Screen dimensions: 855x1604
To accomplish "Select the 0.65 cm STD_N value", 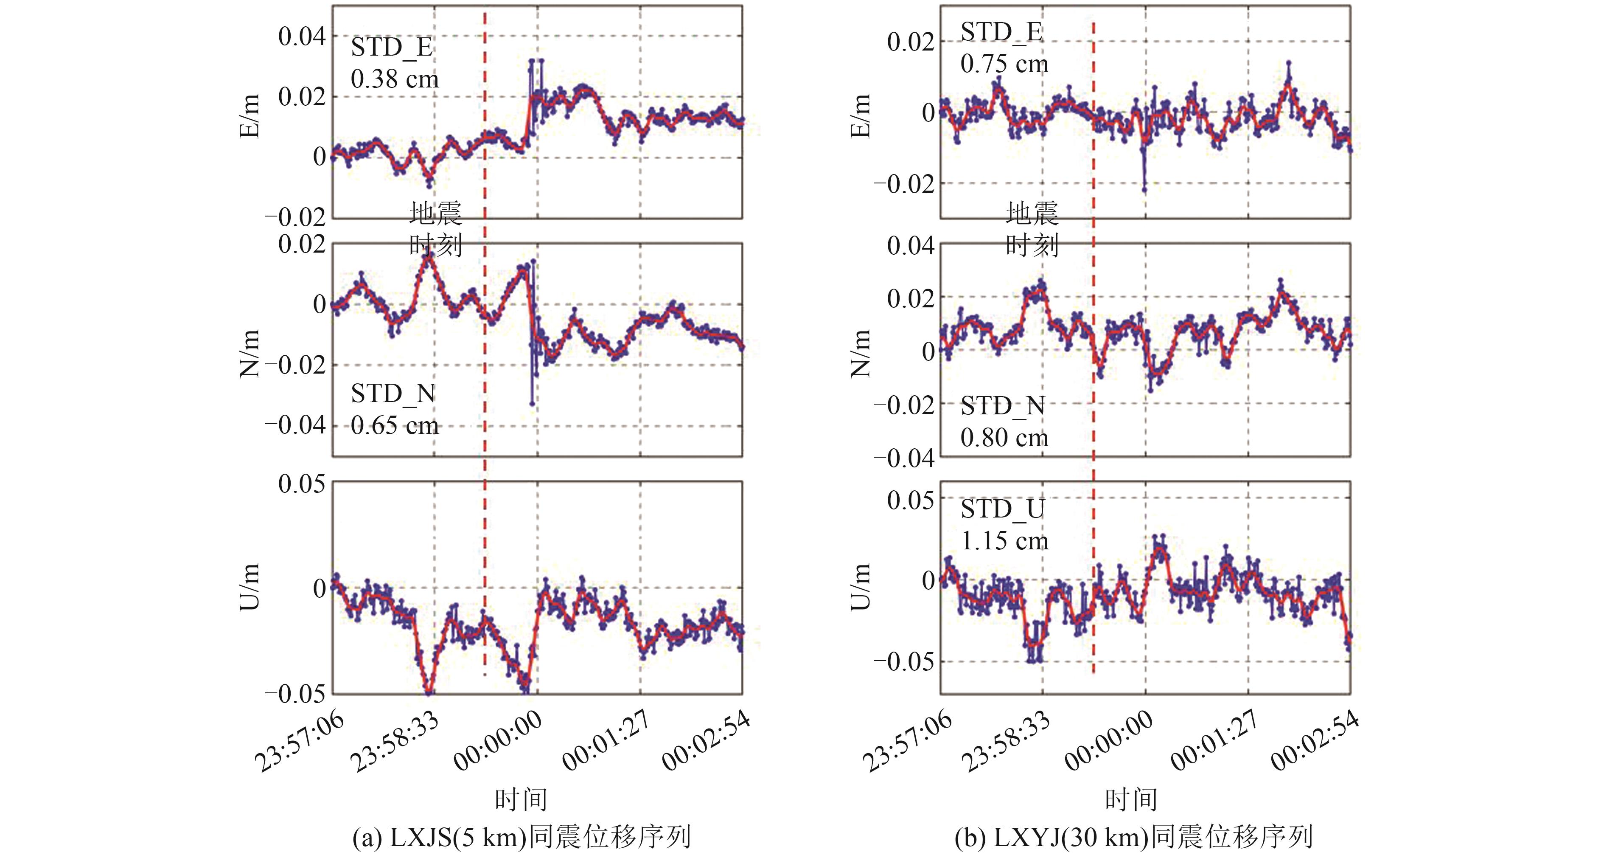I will click(394, 426).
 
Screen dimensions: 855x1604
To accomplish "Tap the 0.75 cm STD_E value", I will click(1004, 64).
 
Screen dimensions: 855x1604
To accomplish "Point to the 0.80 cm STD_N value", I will click(1004, 438).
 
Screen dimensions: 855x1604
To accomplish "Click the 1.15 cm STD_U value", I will click(1004, 540).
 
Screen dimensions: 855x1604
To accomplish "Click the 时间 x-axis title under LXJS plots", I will click(521, 799).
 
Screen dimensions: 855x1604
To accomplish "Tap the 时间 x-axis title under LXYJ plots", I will click(1131, 799).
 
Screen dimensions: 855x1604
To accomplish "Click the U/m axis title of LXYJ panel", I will click(860, 587).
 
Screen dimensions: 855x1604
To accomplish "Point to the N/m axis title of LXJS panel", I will click(250, 353).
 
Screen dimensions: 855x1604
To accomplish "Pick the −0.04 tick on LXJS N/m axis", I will click(295, 425).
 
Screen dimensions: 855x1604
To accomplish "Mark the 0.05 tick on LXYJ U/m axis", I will click(910, 499).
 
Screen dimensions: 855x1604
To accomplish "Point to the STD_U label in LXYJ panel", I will click(1002, 509).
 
